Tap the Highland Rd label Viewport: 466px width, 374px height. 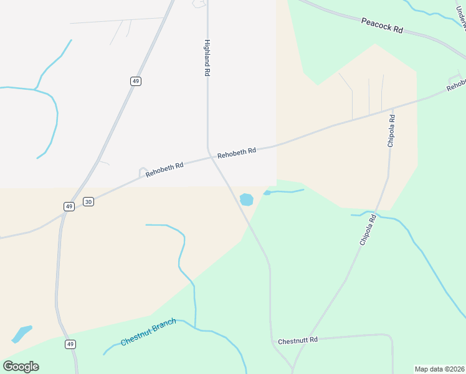207,58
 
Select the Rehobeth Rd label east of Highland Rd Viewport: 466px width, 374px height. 237,151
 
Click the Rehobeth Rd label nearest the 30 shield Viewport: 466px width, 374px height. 164,170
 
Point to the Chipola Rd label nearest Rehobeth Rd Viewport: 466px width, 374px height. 391,130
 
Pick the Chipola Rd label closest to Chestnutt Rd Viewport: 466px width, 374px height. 368,229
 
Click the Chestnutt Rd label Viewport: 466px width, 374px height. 298,340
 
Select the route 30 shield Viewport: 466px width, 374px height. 88,201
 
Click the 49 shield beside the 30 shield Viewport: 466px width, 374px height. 69,206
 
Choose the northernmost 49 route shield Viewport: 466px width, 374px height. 136,80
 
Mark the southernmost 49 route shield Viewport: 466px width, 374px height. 70,344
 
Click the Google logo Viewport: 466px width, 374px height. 21,367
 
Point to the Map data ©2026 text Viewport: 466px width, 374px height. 439,369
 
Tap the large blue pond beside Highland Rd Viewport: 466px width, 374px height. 247,199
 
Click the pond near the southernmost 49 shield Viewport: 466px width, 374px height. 22,333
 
